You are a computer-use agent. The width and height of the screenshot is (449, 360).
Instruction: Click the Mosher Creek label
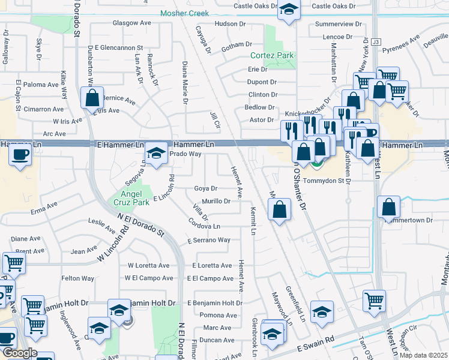184,13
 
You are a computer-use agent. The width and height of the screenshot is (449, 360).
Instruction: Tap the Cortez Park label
272,56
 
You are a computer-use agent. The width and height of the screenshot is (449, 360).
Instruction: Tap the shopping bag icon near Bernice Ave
93,98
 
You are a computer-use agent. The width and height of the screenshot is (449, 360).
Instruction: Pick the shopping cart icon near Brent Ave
14,262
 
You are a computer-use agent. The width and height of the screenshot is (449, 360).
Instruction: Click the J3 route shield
376,42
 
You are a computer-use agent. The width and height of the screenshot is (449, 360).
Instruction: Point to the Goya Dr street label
205,188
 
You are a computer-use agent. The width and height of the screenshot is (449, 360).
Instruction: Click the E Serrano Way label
208,240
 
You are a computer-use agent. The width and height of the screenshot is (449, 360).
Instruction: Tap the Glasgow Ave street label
131,23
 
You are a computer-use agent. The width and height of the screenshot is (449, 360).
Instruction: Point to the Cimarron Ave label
43,109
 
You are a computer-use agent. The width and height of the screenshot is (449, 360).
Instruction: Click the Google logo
20,353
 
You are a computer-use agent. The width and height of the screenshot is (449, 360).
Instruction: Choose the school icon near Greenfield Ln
322,311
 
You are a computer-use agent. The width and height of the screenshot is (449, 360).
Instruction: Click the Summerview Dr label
339,25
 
